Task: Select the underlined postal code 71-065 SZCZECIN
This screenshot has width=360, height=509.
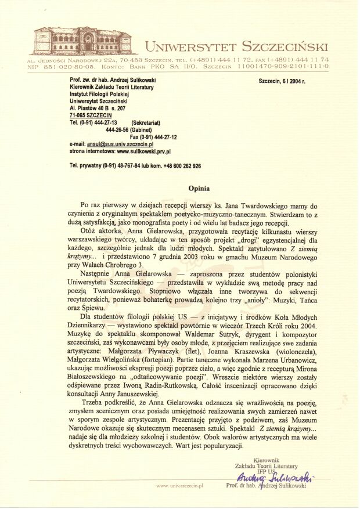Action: point(91,115)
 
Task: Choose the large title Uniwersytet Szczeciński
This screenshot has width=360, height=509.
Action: point(236,46)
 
